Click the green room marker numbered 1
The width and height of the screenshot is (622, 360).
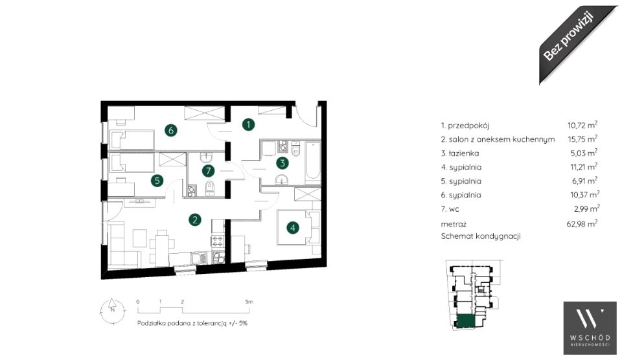point(248,124)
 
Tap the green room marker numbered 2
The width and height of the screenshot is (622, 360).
point(194,219)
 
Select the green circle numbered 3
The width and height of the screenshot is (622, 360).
point(282,163)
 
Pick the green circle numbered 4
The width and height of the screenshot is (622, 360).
point(293,227)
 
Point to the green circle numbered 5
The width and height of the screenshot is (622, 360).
point(157,181)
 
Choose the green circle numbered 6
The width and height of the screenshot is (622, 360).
point(170,130)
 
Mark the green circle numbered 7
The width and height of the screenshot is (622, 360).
point(208,171)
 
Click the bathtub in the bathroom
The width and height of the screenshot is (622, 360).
point(312,163)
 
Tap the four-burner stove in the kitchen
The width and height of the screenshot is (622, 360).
point(218,241)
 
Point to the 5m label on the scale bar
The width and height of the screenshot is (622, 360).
point(249,302)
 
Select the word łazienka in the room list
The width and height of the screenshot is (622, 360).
point(464,153)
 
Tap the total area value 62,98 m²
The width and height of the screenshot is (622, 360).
point(582,223)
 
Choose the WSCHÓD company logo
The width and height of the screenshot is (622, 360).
point(590,328)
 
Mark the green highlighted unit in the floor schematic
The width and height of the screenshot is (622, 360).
point(466,321)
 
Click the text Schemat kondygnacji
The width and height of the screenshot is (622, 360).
point(480,236)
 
